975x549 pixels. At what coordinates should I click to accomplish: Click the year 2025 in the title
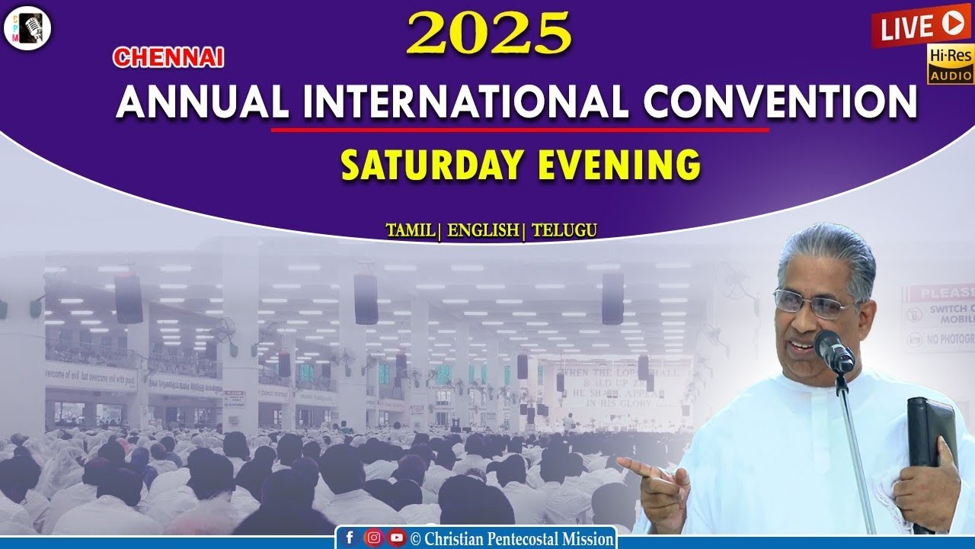pyautogui.click(x=488, y=34)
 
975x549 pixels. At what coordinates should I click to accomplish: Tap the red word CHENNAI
pyautogui.click(x=168, y=57)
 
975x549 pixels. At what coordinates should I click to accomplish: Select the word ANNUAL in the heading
pyautogui.click(x=202, y=102)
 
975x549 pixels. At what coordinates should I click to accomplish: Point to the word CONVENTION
pyautogui.click(x=779, y=102)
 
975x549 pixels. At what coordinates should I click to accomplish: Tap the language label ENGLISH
pyautogui.click(x=483, y=230)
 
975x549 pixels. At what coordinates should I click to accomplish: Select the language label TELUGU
pyautogui.click(x=564, y=230)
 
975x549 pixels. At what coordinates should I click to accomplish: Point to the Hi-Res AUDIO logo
pyautogui.click(x=950, y=63)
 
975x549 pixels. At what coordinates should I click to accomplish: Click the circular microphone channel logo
pyautogui.click(x=27, y=28)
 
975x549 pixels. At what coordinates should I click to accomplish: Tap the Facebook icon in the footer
pyautogui.click(x=350, y=538)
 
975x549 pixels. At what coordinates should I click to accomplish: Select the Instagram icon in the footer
pyautogui.click(x=373, y=538)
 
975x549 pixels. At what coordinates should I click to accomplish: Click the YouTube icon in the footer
pyautogui.click(x=396, y=538)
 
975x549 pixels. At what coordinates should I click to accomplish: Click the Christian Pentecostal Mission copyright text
pyautogui.click(x=512, y=539)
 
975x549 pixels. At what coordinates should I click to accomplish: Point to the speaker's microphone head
pyautogui.click(x=833, y=351)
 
